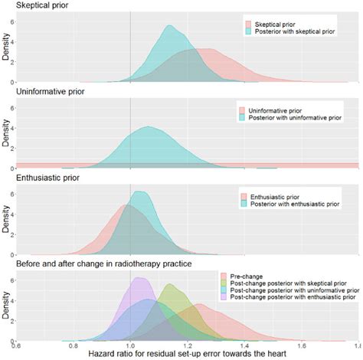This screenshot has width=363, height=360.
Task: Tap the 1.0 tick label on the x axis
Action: [x=129, y=343]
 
